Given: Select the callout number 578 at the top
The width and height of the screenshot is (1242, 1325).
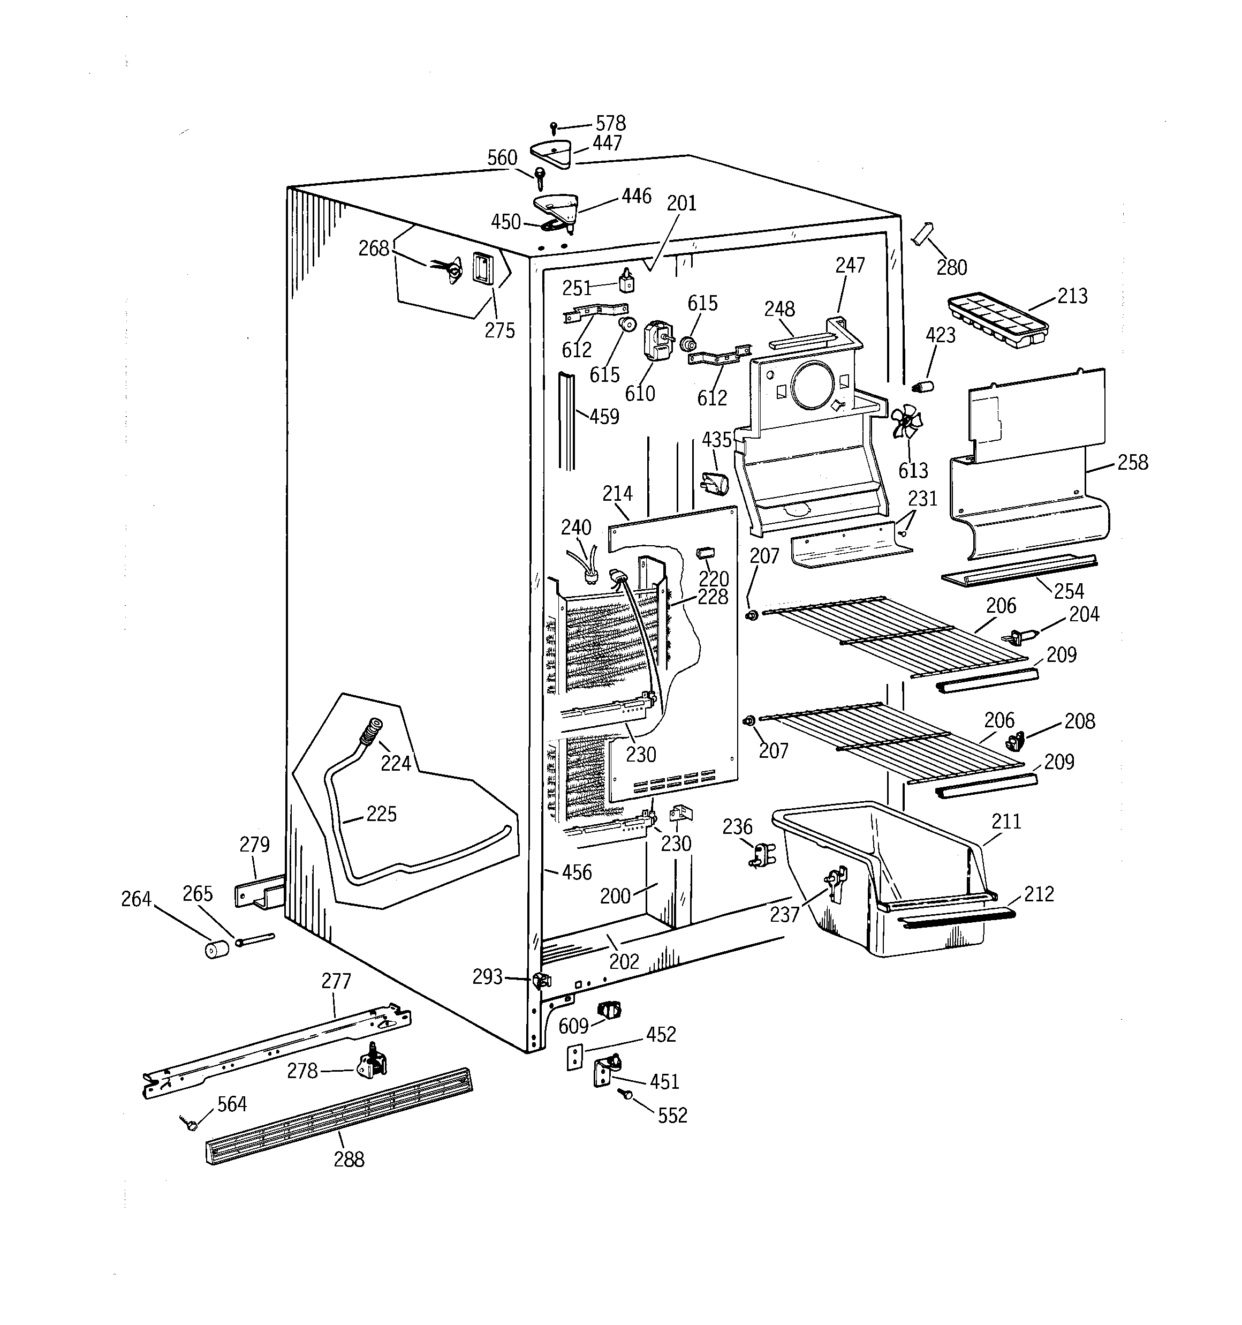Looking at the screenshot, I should click(610, 123).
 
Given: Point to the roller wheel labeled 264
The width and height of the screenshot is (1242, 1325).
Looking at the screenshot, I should click(217, 949).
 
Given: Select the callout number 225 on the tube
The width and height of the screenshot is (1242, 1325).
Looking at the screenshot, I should click(381, 814).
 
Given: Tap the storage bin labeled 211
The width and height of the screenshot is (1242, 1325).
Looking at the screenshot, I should click(880, 873).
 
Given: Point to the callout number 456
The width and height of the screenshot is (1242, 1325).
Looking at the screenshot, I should click(577, 872).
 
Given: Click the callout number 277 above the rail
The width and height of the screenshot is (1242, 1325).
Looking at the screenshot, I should click(336, 981).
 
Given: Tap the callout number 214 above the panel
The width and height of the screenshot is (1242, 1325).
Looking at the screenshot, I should click(617, 494).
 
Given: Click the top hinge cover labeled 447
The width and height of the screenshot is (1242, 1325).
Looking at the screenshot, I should click(552, 154).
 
